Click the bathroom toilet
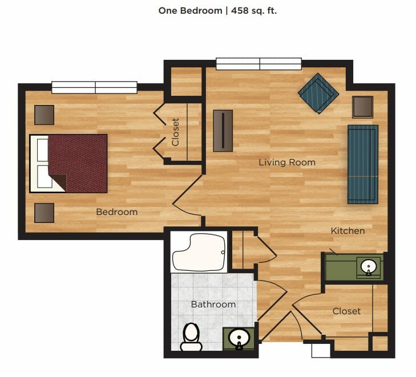click(x=191, y=337)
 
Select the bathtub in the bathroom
click(x=199, y=253)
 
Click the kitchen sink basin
click(x=369, y=266)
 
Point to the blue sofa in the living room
click(x=363, y=164)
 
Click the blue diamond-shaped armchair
click(x=318, y=94)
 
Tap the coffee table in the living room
click(x=223, y=131)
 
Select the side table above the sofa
click(x=362, y=107)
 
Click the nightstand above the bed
click(x=45, y=115)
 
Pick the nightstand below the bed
click(x=45, y=213)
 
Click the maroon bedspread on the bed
click(x=78, y=163)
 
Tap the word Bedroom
click(x=117, y=212)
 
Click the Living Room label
click(x=287, y=162)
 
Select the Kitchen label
click(x=348, y=230)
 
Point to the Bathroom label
click(x=213, y=305)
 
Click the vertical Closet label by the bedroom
click(x=175, y=132)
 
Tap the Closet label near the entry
click(x=346, y=311)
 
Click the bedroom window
click(x=94, y=87)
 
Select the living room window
click(x=259, y=64)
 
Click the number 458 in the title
click(x=240, y=11)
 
